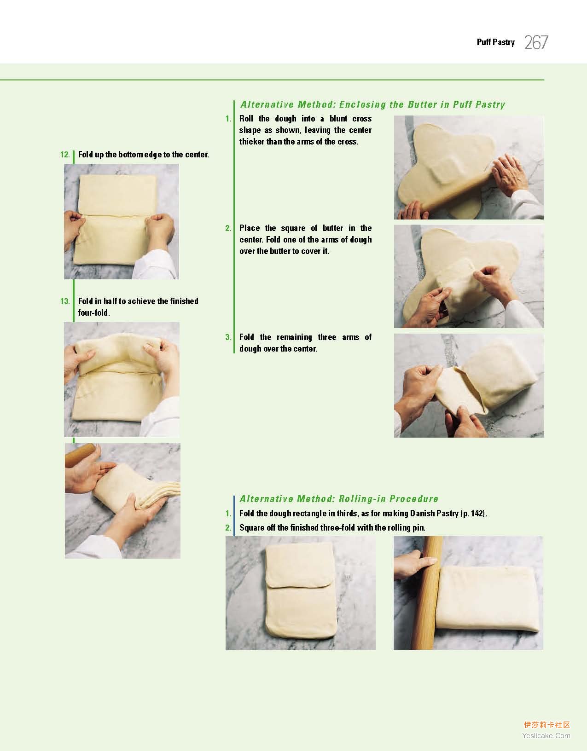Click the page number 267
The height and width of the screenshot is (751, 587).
(536, 42)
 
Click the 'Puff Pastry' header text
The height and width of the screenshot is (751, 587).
(496, 42)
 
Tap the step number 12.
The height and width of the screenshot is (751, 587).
(65, 155)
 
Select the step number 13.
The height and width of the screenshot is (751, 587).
(65, 301)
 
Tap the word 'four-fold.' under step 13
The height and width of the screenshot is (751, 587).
(94, 313)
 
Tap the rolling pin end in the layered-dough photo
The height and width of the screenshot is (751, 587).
(80, 455)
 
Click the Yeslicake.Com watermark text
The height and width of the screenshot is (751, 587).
(546, 735)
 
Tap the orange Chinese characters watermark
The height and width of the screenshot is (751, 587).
(547, 725)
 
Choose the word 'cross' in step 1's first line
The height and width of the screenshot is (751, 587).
(362, 119)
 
